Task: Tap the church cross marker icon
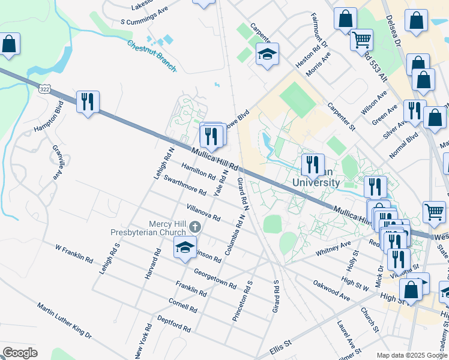point(194,227)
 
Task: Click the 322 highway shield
point(44,89)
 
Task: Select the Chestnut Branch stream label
point(152,56)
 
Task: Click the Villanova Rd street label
point(203,212)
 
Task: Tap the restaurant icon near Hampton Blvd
point(88,102)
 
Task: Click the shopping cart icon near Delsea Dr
point(361,40)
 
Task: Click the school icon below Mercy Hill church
point(185,247)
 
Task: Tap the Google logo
point(20,353)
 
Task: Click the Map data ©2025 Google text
point(411,355)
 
